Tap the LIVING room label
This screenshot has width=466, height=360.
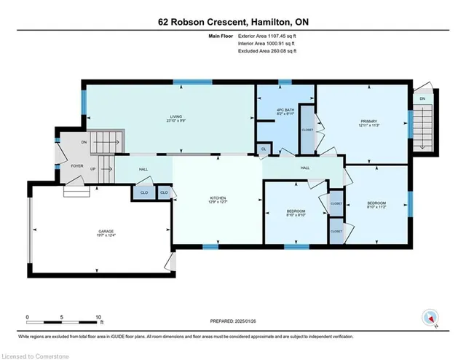[175, 116]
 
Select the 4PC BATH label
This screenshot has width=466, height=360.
[284, 110]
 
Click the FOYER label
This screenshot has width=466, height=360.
[76, 165]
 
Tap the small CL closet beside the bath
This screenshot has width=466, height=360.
[263, 149]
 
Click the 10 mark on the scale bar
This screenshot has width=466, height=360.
[99, 317]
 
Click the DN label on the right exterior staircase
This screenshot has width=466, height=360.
[422, 98]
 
